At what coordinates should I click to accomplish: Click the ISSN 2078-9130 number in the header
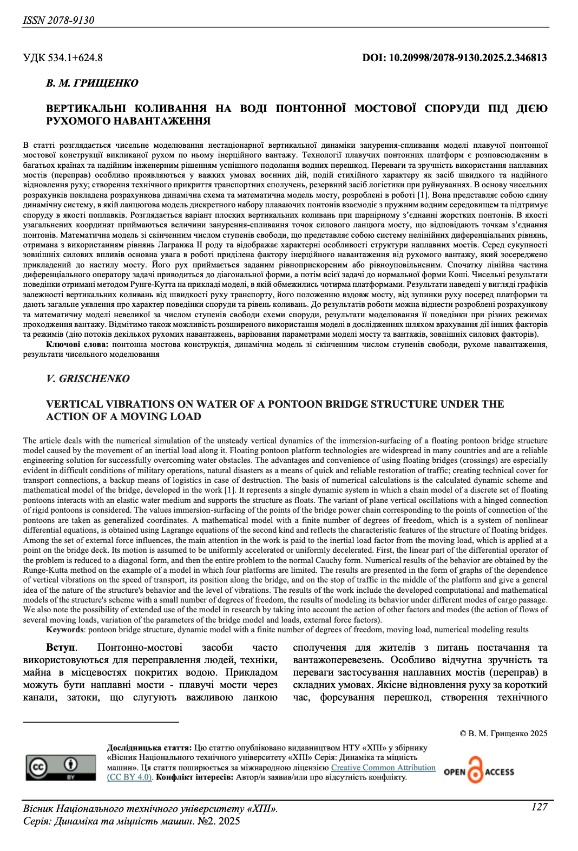[x=58, y=21]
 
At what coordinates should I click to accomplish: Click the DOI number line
[x=455, y=57]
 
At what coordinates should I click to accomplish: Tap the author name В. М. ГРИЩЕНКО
[x=92, y=83]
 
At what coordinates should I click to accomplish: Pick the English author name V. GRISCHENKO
[x=88, y=378]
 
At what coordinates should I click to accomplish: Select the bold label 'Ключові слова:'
[x=77, y=344]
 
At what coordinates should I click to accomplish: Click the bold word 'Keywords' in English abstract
[x=65, y=630]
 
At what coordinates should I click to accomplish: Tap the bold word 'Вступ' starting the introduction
[x=61, y=647]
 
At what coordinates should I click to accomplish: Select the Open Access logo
[x=478, y=770]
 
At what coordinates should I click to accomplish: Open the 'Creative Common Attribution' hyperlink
[x=383, y=768]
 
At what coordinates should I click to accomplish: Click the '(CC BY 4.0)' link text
[x=130, y=777]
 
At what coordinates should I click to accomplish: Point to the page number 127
[x=539, y=807]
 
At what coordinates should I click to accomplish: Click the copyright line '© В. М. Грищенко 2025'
[x=503, y=734]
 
